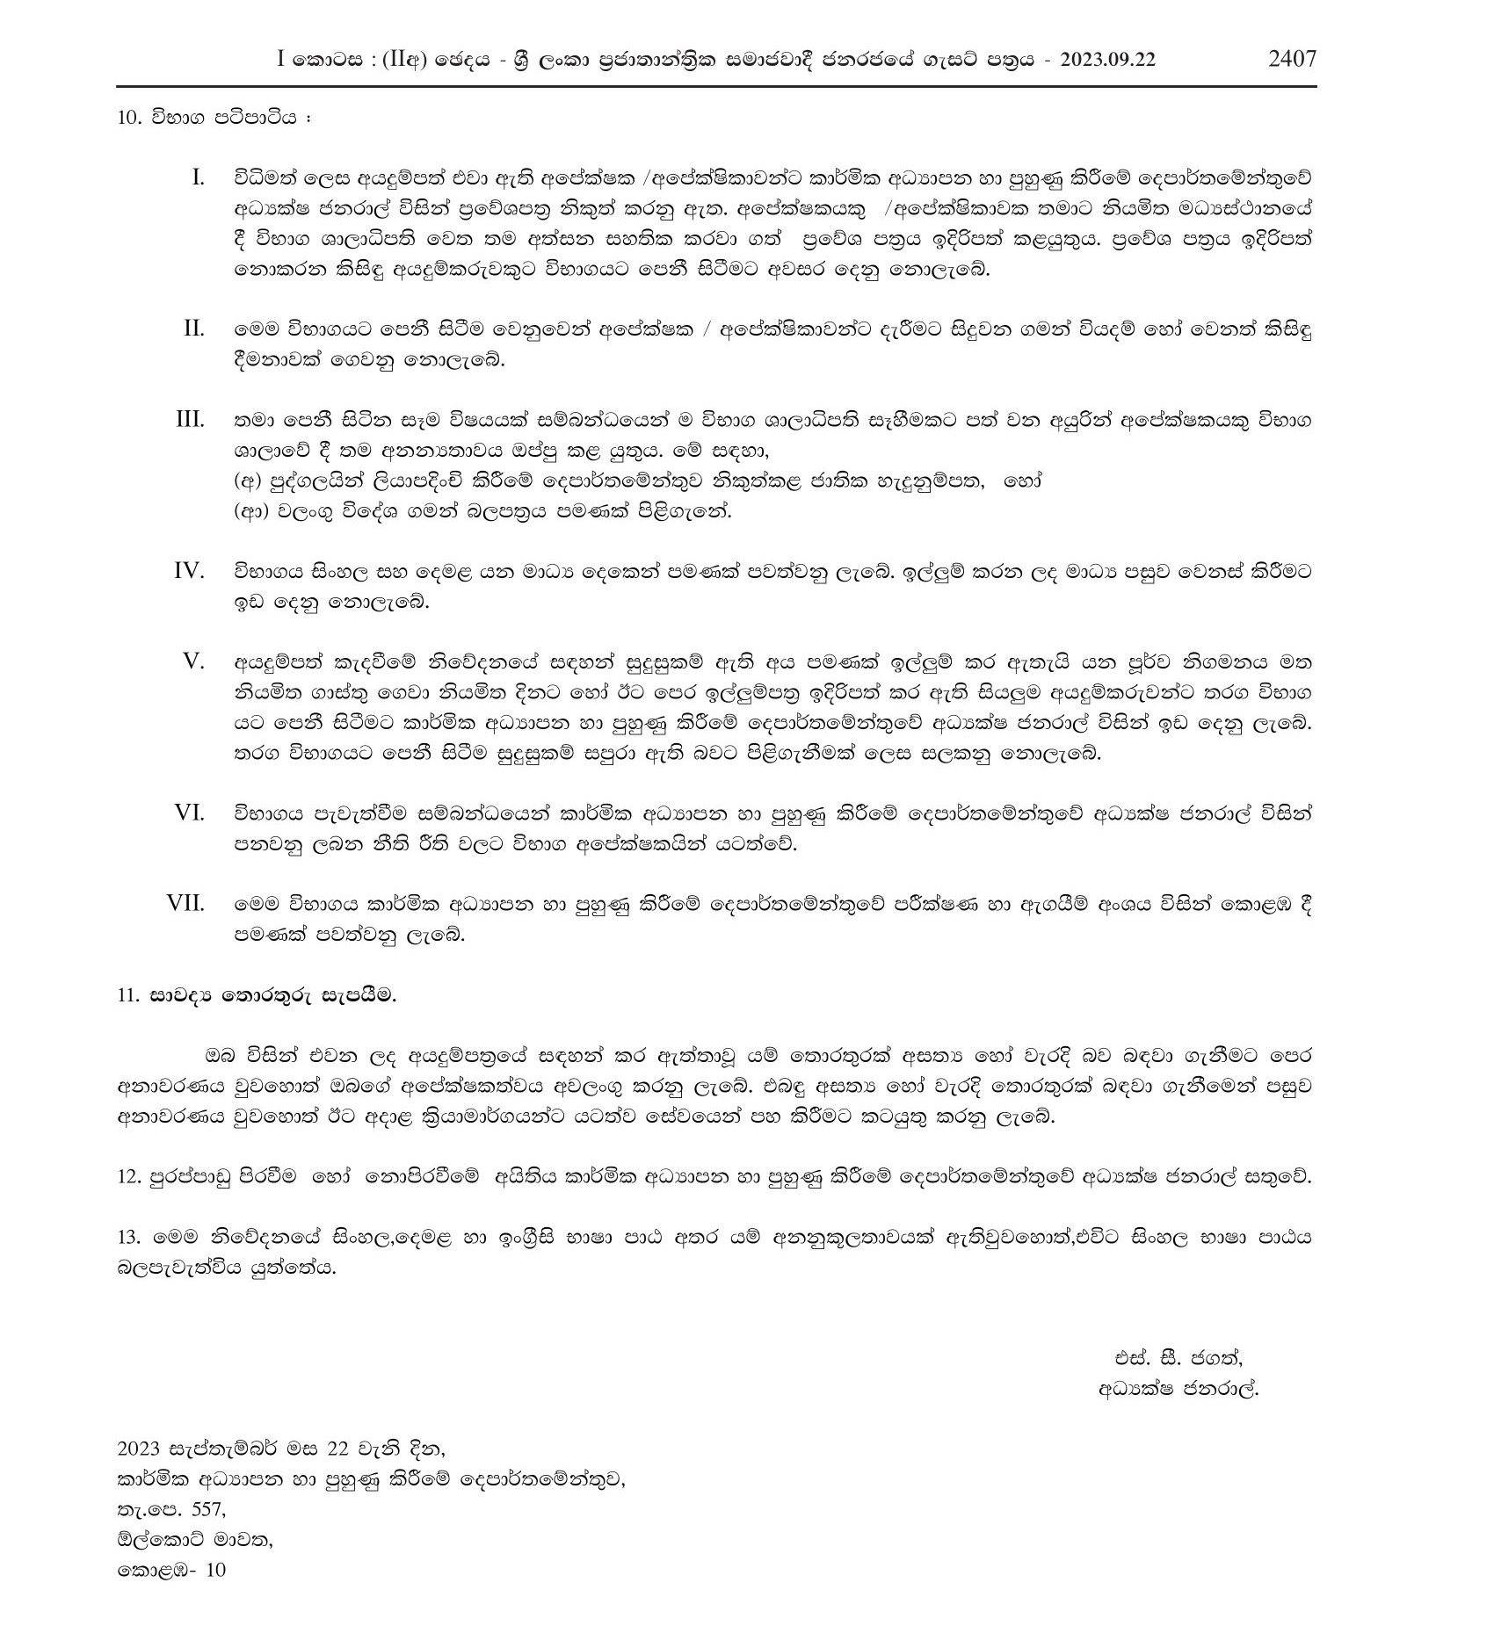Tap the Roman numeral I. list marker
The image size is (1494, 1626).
tap(198, 178)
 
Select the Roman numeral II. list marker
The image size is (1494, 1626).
tap(194, 329)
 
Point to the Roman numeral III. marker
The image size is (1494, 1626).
tap(190, 420)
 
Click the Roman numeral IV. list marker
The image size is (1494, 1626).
tap(189, 571)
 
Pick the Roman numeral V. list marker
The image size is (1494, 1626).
tap(193, 661)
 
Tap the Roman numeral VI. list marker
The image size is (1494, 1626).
tap(189, 813)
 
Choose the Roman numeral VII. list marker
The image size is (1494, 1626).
tap(185, 904)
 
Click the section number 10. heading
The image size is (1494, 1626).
tap(129, 118)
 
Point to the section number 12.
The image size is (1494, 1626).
tap(128, 1178)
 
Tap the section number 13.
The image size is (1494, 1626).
tap(128, 1238)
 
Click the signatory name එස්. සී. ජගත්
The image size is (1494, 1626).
tap(1177, 1383)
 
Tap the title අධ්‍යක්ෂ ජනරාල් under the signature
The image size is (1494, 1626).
tap(1178, 1414)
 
